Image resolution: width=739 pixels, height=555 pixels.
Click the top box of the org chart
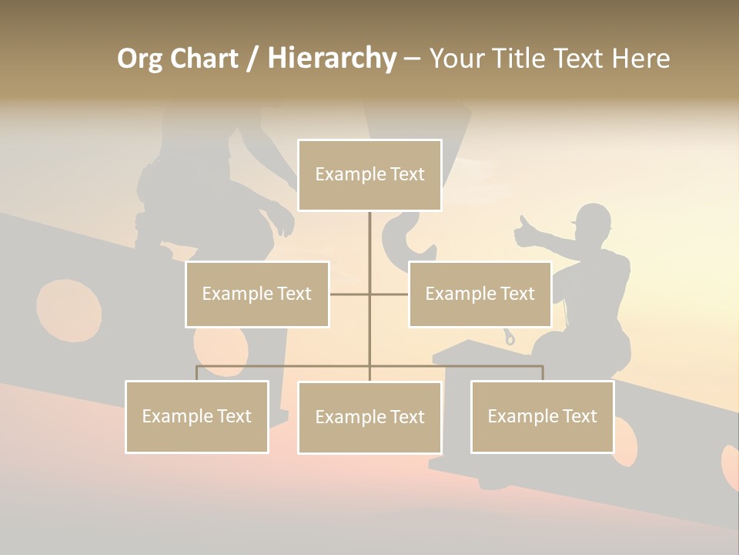pyautogui.click(x=369, y=175)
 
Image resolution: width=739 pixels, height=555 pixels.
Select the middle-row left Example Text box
pyautogui.click(x=257, y=294)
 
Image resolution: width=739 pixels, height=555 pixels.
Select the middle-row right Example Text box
pyautogui.click(x=480, y=294)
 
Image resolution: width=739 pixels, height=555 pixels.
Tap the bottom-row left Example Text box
pyautogui.click(x=197, y=416)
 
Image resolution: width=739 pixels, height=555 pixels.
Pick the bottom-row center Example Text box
pyautogui.click(x=369, y=417)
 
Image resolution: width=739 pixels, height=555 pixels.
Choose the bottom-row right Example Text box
pyautogui.click(x=542, y=416)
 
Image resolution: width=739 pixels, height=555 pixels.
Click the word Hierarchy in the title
pyautogui.click(x=332, y=59)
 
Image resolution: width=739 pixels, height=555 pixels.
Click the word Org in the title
pyautogui.click(x=141, y=59)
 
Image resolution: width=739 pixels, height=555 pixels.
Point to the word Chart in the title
pyautogui.click(x=205, y=59)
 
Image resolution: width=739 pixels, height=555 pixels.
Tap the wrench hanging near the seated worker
pyautogui.click(x=510, y=336)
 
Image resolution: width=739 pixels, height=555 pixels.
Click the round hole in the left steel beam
pyautogui.click(x=69, y=309)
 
